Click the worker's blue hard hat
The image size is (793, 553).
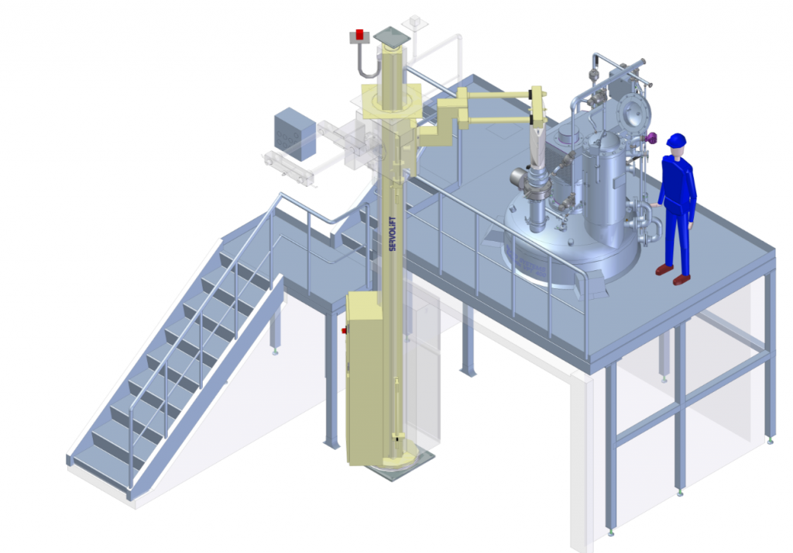click(x=676, y=140)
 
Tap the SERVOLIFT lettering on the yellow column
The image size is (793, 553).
click(x=393, y=234)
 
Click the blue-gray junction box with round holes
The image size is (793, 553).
click(x=295, y=134)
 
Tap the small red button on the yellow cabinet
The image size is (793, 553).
click(x=344, y=331)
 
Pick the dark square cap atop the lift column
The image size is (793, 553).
click(x=392, y=35)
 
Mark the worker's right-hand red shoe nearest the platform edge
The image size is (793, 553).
click(x=681, y=280)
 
